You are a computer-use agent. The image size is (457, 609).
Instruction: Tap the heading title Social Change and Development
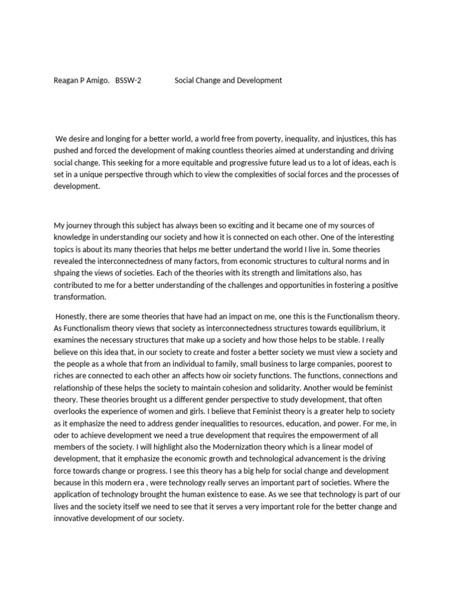pyautogui.click(x=228, y=80)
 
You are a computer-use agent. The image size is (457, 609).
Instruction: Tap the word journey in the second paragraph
pyautogui.click(x=80, y=225)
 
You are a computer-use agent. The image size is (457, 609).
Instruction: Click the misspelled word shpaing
pyautogui.click(x=67, y=273)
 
